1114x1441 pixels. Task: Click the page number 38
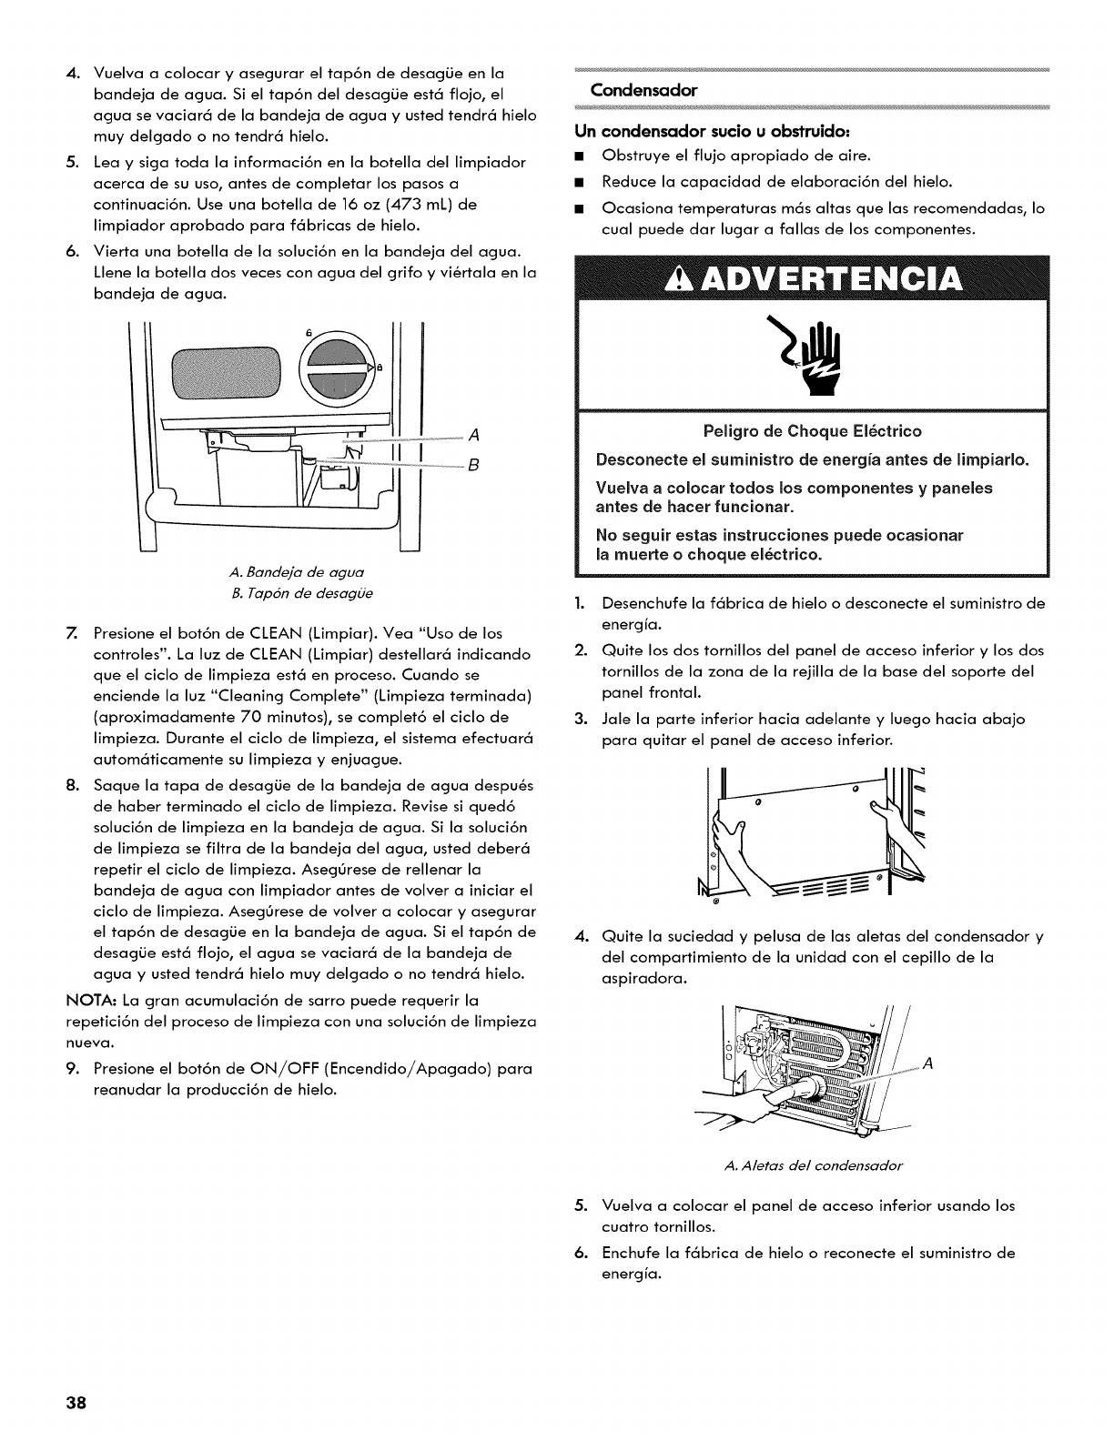[x=76, y=1402]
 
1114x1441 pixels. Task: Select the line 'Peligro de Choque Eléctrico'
[x=812, y=430]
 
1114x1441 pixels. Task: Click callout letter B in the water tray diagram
[x=473, y=467]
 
